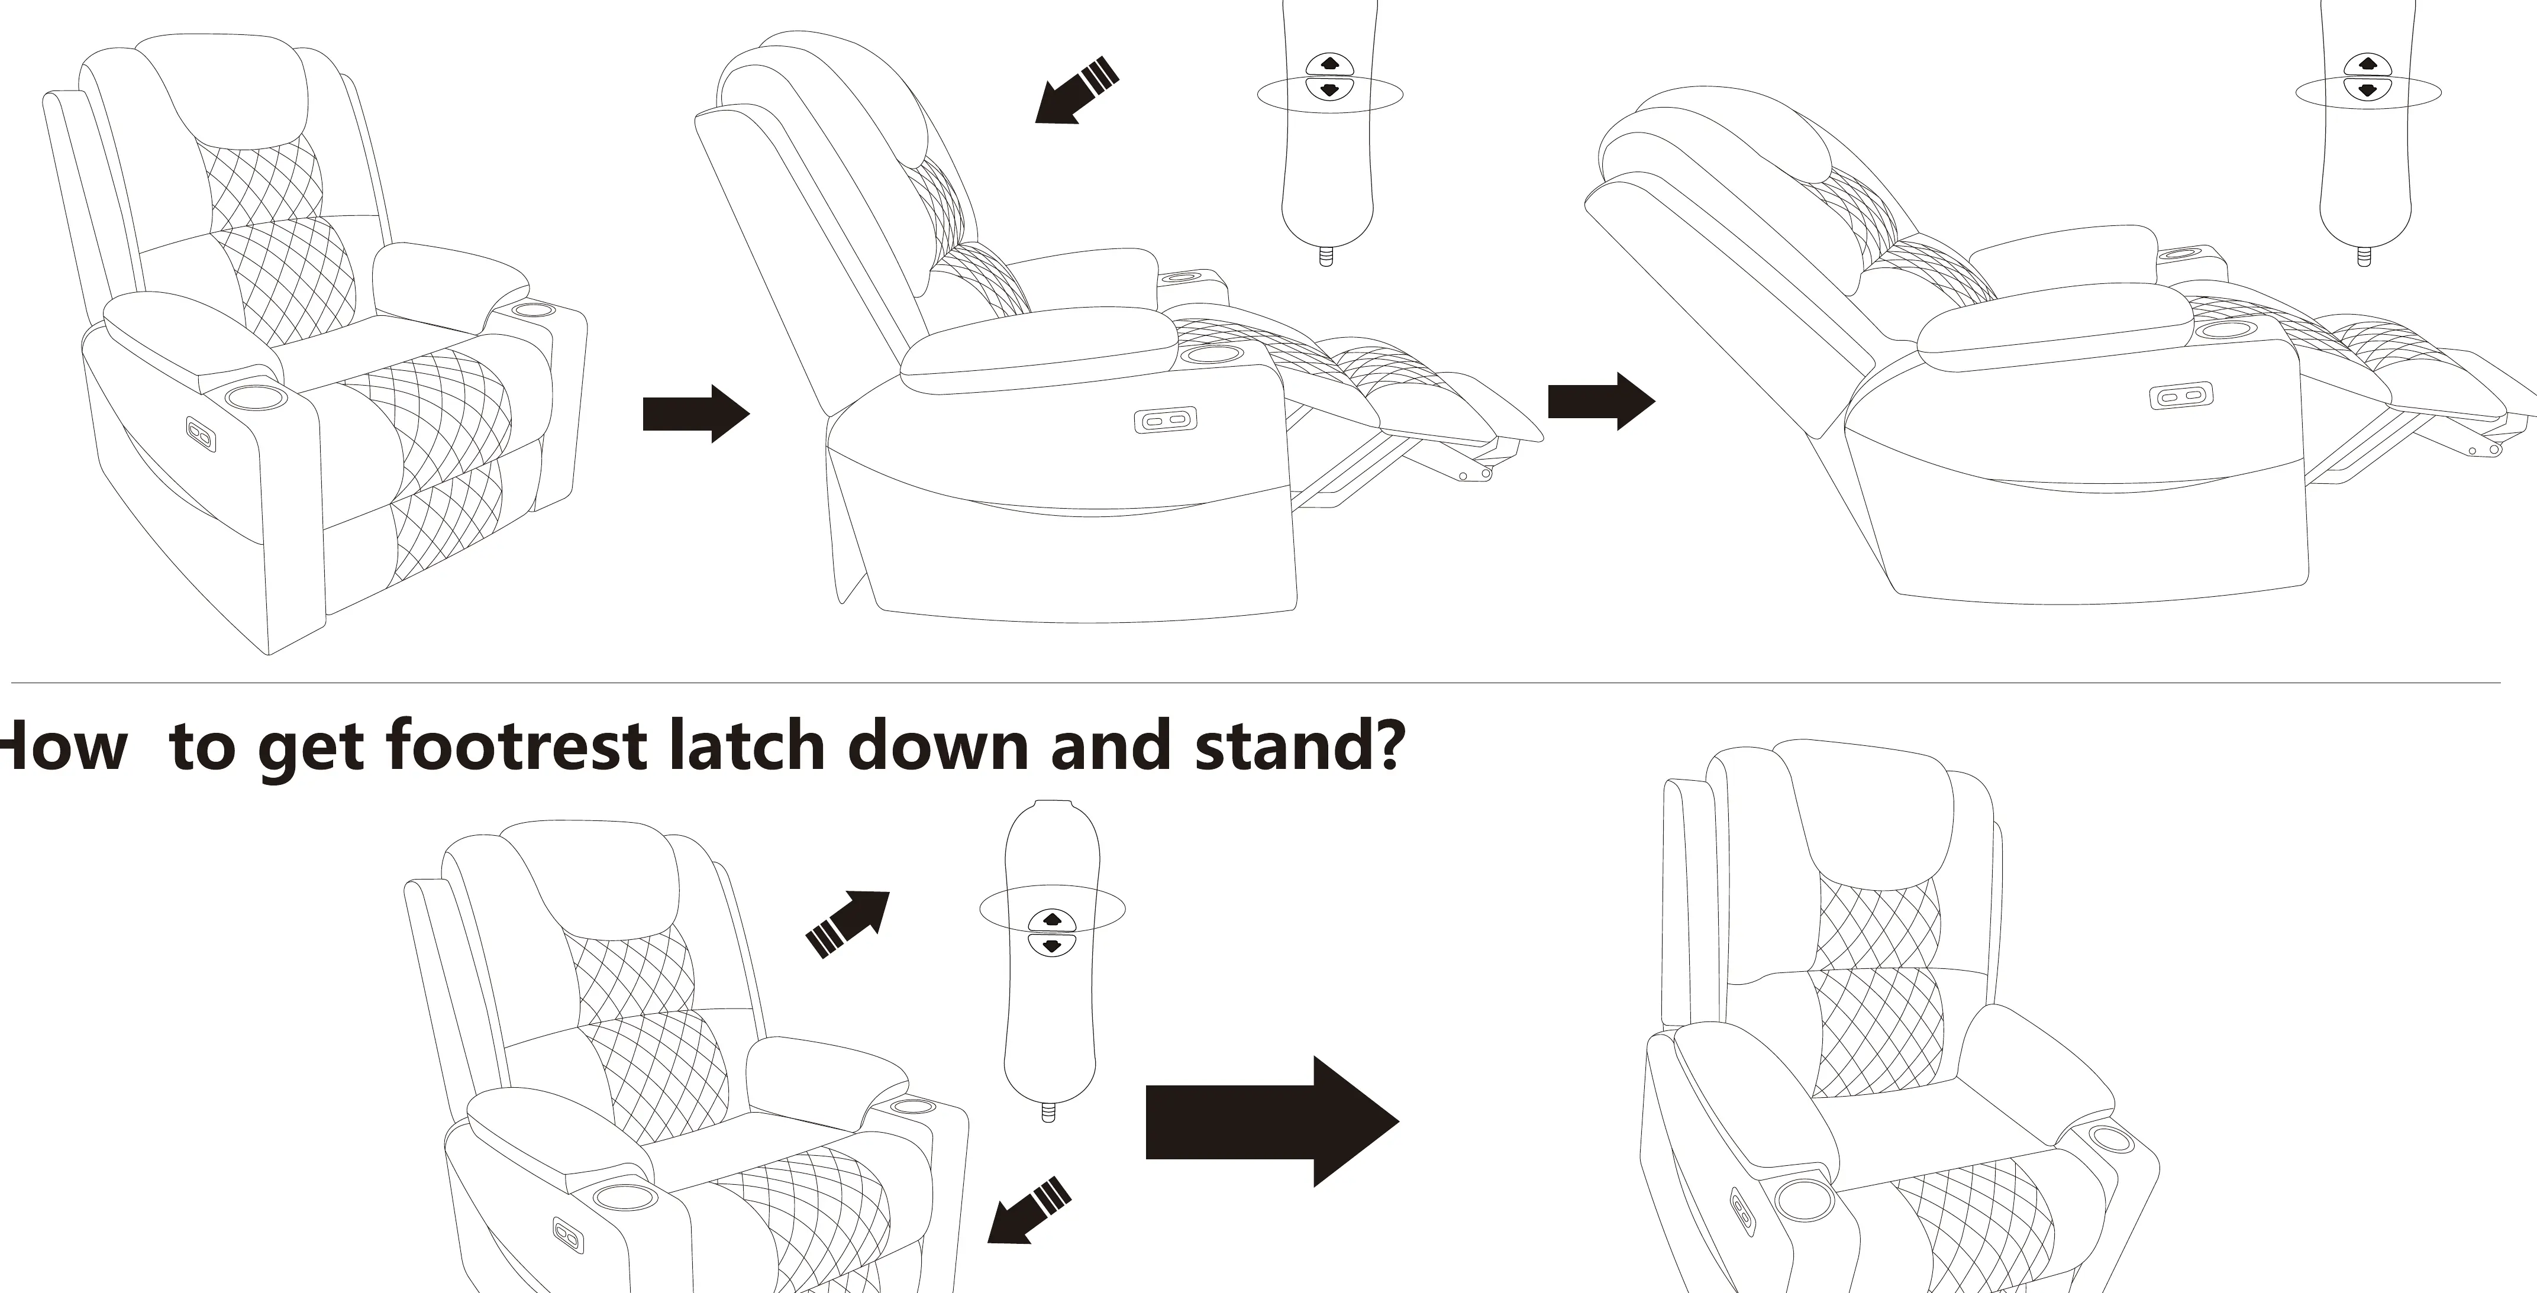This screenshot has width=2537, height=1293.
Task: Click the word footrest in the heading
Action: click(515, 745)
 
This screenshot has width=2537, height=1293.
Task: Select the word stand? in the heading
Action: click(1299, 745)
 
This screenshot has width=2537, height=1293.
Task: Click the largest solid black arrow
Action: click(1271, 1121)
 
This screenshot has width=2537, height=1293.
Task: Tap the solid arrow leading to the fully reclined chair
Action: click(1602, 401)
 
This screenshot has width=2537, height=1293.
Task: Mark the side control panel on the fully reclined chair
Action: click(2180, 396)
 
